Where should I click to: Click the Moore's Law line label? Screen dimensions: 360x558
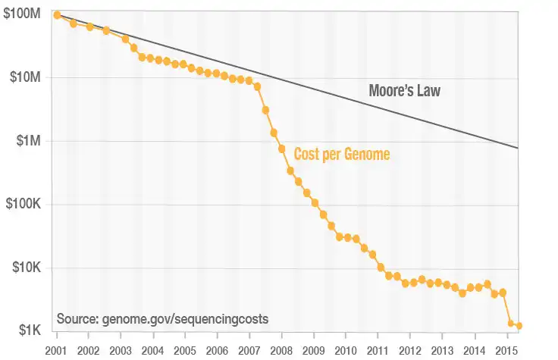(404, 92)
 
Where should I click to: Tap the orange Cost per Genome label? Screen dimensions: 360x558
(342, 155)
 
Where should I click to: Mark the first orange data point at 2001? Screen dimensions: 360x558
(57, 15)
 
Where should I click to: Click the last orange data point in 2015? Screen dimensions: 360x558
(519, 326)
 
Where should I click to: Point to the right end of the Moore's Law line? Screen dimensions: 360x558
(519, 147)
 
